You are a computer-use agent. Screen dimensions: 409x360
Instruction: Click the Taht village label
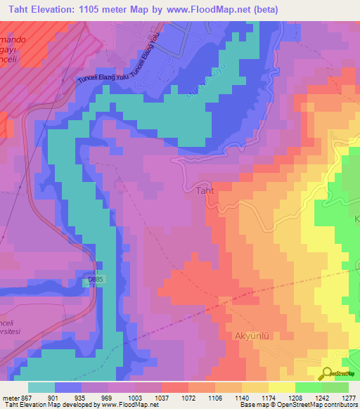204,190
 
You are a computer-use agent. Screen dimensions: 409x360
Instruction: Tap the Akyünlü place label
251,336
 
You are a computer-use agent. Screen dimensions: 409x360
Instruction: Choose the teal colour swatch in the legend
41,387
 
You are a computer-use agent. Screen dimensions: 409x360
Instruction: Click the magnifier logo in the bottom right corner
326,373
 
